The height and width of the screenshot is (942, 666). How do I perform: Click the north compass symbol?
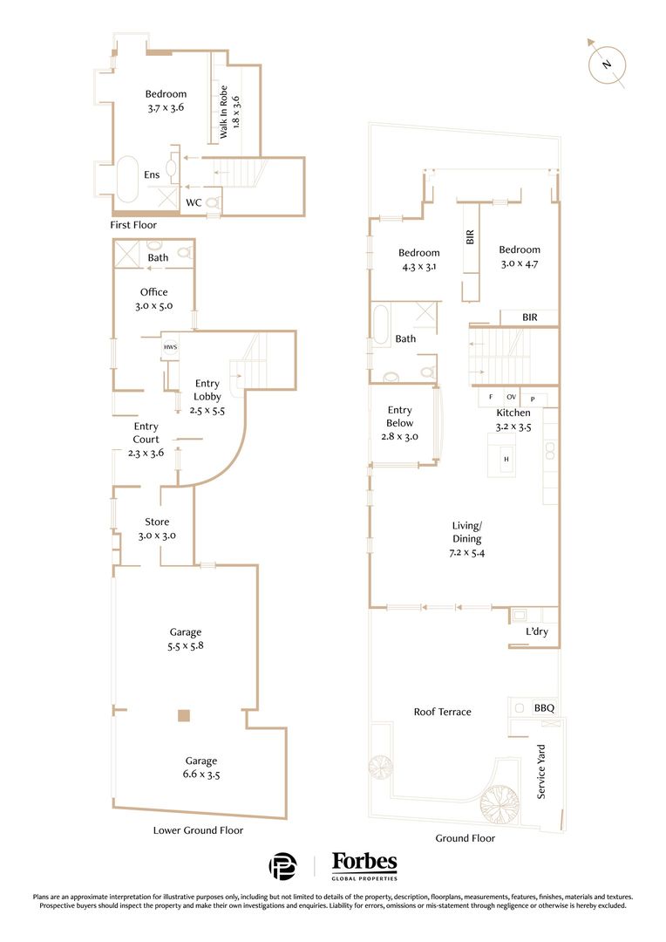608,64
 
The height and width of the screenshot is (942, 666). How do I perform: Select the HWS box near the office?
169,347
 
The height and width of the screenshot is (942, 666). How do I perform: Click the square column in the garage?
184,716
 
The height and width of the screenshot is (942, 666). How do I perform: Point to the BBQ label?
544,708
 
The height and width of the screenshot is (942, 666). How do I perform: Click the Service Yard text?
541,772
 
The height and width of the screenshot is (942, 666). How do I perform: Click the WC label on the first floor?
194,203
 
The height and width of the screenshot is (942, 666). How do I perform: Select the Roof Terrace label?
442,712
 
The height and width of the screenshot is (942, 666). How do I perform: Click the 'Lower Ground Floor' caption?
198,830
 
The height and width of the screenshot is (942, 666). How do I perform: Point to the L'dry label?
536,632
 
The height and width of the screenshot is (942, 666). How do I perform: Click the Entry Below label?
400,423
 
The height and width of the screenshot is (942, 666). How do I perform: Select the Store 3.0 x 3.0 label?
157,529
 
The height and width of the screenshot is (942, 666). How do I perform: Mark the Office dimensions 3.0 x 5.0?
153,306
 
